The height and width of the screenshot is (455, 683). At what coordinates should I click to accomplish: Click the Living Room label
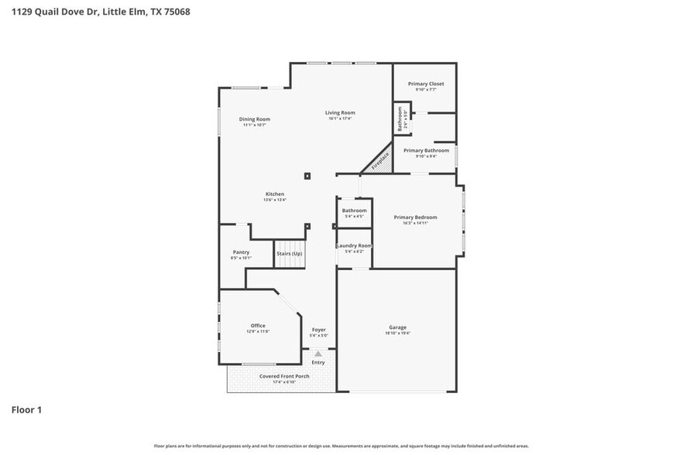340,113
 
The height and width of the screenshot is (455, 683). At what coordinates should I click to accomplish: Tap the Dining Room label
254,119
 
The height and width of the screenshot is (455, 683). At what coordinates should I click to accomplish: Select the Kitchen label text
275,194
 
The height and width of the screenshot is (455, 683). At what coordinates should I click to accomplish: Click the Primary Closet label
426,84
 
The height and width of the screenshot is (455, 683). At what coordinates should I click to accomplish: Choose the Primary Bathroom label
426,150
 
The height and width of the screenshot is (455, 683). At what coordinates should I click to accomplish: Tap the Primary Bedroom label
415,217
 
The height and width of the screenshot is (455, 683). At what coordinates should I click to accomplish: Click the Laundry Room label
354,245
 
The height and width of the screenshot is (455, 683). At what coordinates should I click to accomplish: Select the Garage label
397,327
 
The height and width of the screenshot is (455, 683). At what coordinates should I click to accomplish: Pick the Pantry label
241,252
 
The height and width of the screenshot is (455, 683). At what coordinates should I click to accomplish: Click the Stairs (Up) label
290,253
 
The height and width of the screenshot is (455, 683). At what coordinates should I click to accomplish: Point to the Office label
258,326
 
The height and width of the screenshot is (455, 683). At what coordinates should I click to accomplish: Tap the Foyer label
318,330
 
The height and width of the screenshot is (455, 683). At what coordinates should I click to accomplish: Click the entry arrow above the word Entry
318,354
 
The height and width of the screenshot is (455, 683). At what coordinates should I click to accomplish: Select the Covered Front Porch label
284,376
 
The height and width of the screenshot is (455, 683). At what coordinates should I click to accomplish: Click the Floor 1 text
26,409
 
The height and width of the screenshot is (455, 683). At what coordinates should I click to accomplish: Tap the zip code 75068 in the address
176,12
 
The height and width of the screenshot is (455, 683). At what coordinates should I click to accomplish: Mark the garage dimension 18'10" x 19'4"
397,334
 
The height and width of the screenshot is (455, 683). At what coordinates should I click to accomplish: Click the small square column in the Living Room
307,176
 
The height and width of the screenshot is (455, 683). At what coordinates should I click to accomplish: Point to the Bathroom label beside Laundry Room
354,210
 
